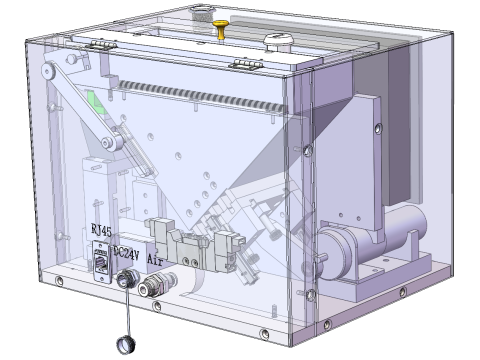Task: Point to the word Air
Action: click(155, 257)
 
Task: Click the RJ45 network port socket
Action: click(103, 261)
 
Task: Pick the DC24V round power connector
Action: click(128, 281)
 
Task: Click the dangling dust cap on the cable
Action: click(126, 345)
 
